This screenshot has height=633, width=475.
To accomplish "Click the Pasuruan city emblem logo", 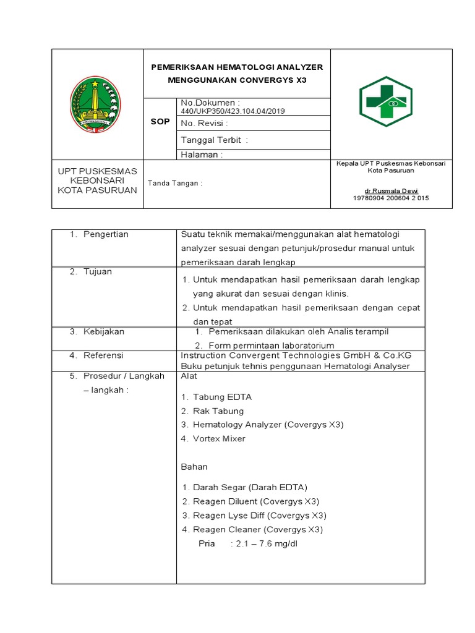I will click(96, 104).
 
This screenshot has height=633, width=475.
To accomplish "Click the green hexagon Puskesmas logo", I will click(386, 101).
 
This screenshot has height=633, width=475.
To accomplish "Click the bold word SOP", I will click(160, 122).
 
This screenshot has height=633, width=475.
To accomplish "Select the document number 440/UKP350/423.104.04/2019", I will click(233, 111).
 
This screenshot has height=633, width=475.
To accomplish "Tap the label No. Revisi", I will click(205, 124).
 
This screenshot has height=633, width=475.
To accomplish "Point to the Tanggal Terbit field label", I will click(214, 140).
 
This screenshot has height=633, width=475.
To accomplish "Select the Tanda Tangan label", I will click(175, 183).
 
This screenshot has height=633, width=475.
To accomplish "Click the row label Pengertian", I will click(106, 234).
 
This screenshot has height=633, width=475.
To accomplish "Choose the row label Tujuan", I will click(98, 271).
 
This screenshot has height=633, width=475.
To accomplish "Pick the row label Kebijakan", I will click(104, 331).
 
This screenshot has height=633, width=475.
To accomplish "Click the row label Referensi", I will click(103, 355).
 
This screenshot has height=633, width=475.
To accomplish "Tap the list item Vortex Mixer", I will click(219, 439).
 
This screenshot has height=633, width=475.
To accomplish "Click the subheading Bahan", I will click(194, 467).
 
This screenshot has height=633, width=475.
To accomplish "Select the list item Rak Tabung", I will click(218, 411).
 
